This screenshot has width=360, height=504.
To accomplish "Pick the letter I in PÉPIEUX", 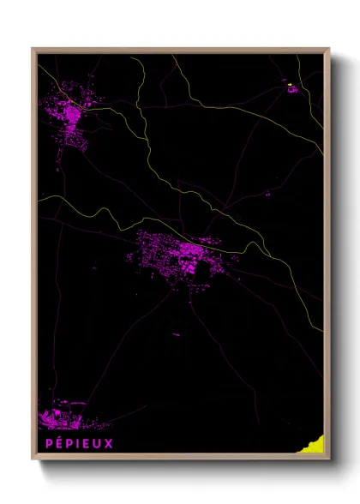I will tap(77, 443).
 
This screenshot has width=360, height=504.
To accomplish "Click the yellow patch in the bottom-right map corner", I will tap(315, 443).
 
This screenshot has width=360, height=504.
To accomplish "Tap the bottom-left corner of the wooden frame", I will tap(33, 459).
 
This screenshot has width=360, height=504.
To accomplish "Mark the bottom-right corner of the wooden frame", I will tap(328, 459).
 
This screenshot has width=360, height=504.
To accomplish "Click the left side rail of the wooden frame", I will tap(34, 257).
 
